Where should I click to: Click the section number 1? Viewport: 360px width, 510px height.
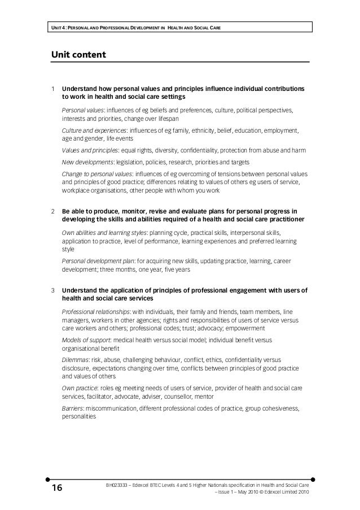coord(52,89)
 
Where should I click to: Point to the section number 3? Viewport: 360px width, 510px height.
coord(52,291)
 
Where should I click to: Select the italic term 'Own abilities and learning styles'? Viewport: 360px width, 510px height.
coord(104,233)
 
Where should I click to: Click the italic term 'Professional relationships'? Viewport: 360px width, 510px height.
coord(95,312)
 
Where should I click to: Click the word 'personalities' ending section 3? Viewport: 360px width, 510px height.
coord(78,417)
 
